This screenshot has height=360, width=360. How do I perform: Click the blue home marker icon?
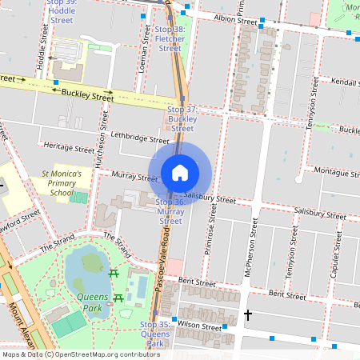pos(180,172)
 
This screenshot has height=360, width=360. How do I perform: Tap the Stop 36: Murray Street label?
pos(170,211)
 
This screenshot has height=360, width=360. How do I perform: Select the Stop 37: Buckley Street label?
pos(182,118)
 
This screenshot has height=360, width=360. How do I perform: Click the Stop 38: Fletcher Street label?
pos(170,38)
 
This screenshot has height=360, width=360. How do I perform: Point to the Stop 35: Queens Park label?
pos(155,334)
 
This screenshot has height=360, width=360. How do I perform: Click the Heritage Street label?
pos(70,148)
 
